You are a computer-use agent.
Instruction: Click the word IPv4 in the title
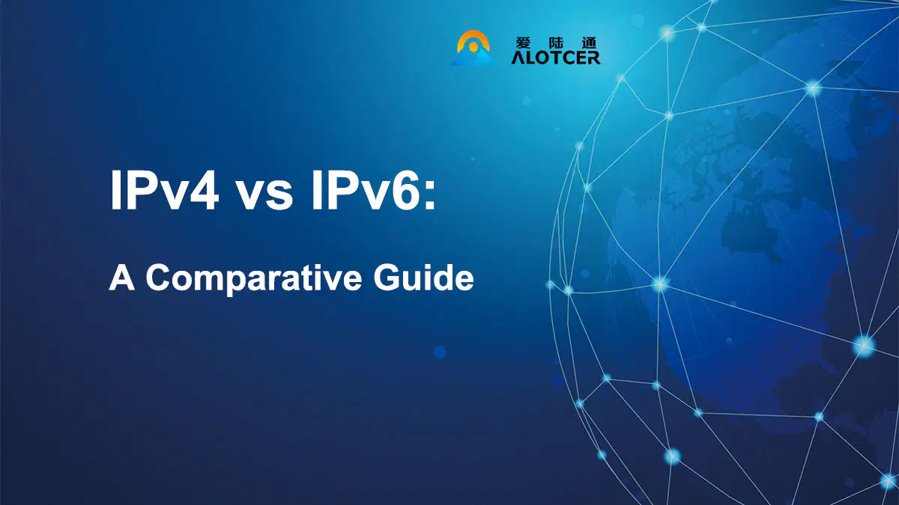pos(165,189)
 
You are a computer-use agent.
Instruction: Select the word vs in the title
pos(264,195)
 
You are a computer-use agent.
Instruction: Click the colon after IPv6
pos(430,195)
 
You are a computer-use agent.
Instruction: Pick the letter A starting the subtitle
pos(121,278)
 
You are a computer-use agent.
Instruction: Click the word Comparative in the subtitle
pos(254,280)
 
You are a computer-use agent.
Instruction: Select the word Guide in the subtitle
pos(423,277)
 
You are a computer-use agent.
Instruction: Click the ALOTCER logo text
pos(555,58)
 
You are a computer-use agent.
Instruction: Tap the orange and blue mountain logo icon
pos(473,48)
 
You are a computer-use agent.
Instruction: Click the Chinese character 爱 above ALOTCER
pos(523,43)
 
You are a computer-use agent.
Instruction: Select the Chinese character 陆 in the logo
pos(556,43)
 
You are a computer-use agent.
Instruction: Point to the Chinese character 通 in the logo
pos(589,43)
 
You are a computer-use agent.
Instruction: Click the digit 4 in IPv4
pos(203,190)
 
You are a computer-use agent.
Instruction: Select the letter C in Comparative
pos(160,278)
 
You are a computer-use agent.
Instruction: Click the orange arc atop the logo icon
pos(473,36)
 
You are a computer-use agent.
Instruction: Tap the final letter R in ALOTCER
pos(593,58)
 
